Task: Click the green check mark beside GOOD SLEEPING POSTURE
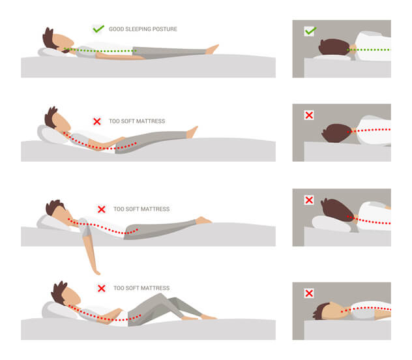[x=98, y=29]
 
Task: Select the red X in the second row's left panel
[x=97, y=121]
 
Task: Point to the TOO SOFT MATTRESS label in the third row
[x=141, y=209]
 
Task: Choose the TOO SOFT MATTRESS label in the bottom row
[x=141, y=288]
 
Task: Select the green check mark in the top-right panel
[x=310, y=31]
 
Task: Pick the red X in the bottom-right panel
[x=309, y=293]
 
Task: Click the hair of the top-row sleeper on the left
[x=50, y=36]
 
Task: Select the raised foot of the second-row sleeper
[x=192, y=132]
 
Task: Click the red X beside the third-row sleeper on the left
[x=101, y=209]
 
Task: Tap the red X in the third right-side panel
[x=309, y=200]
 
